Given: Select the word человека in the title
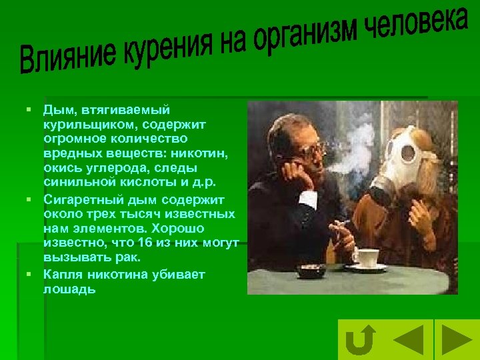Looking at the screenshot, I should (x=417, y=23).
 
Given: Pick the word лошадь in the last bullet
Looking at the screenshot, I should (x=69, y=290).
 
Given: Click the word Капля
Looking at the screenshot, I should (x=60, y=275).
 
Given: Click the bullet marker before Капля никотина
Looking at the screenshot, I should (x=30, y=275).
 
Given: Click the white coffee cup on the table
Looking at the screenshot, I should (x=365, y=257).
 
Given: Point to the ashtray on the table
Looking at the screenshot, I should (x=311, y=270).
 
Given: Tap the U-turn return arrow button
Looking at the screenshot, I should (x=361, y=341).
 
